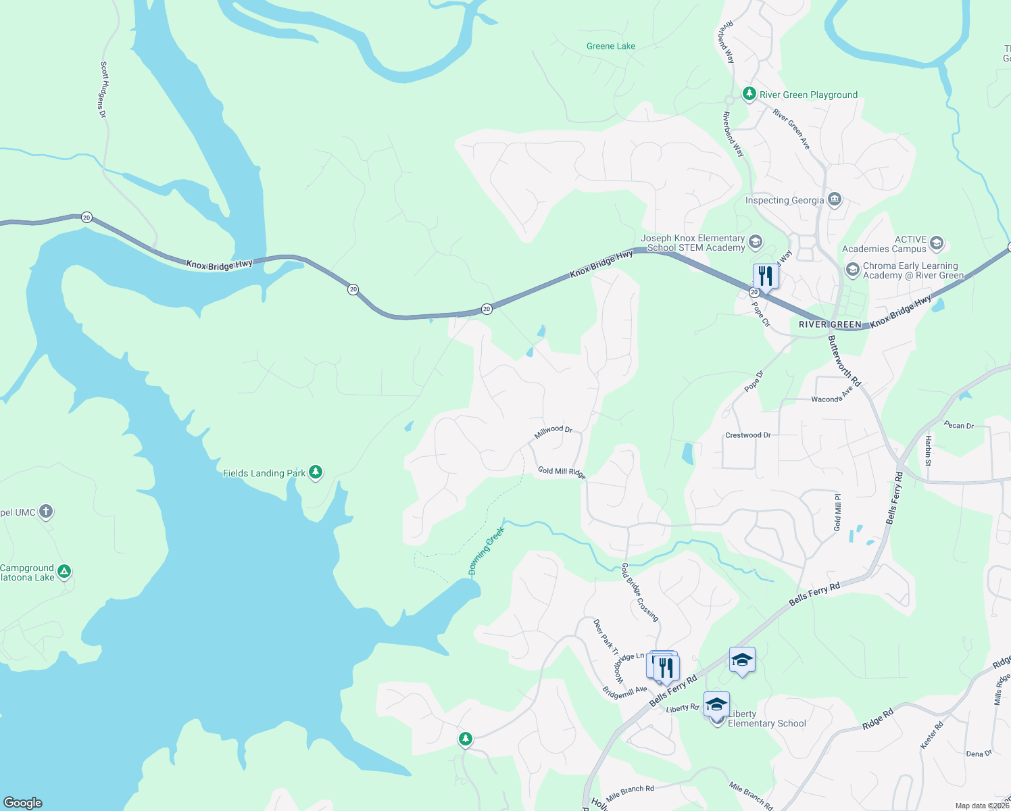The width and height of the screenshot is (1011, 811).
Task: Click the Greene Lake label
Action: click(x=611, y=46)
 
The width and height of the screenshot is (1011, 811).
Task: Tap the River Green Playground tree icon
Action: click(x=749, y=94)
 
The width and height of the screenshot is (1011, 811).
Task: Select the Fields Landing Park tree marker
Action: click(x=315, y=472)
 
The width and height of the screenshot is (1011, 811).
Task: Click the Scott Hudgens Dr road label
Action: click(x=103, y=90)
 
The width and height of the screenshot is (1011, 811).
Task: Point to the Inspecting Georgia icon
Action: click(x=835, y=199)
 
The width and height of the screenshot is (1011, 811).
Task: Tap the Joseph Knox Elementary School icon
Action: click(x=756, y=242)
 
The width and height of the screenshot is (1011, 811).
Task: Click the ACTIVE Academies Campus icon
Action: click(x=936, y=243)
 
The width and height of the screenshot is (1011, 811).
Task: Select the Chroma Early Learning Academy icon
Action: click(x=853, y=270)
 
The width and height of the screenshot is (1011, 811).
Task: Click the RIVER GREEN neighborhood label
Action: click(x=830, y=324)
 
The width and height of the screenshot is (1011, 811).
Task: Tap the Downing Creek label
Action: click(x=487, y=551)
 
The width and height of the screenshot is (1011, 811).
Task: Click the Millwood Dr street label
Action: click(x=553, y=432)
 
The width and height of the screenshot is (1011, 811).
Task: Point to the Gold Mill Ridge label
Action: click(x=562, y=472)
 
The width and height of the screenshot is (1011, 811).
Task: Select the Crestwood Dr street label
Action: click(x=747, y=435)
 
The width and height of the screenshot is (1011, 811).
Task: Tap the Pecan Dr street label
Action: click(x=959, y=425)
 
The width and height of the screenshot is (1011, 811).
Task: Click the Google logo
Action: click(x=22, y=803)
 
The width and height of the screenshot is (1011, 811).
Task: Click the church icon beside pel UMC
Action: click(x=46, y=512)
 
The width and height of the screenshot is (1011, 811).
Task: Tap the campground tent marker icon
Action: click(x=64, y=572)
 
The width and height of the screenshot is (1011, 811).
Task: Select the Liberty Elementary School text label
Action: click(x=766, y=718)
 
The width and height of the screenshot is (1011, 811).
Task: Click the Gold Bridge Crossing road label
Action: click(x=639, y=592)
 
